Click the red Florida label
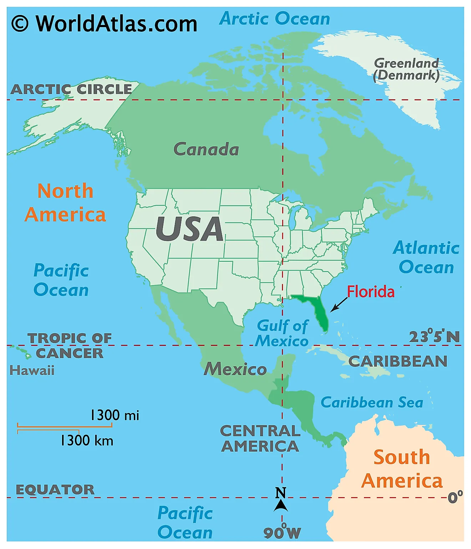[371, 292]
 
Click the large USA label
[189, 229]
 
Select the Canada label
[206, 149]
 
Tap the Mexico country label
[235, 369]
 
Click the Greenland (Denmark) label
[406, 69]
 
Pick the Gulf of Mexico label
[282, 333]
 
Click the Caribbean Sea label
[372, 403]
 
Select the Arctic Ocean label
[274, 19]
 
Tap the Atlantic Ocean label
[426, 257]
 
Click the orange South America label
[402, 469]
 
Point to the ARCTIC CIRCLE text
[71, 89]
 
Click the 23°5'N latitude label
[434, 337]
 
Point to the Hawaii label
[32, 371]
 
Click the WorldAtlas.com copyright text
[104, 24]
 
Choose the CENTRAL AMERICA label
[260, 438]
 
